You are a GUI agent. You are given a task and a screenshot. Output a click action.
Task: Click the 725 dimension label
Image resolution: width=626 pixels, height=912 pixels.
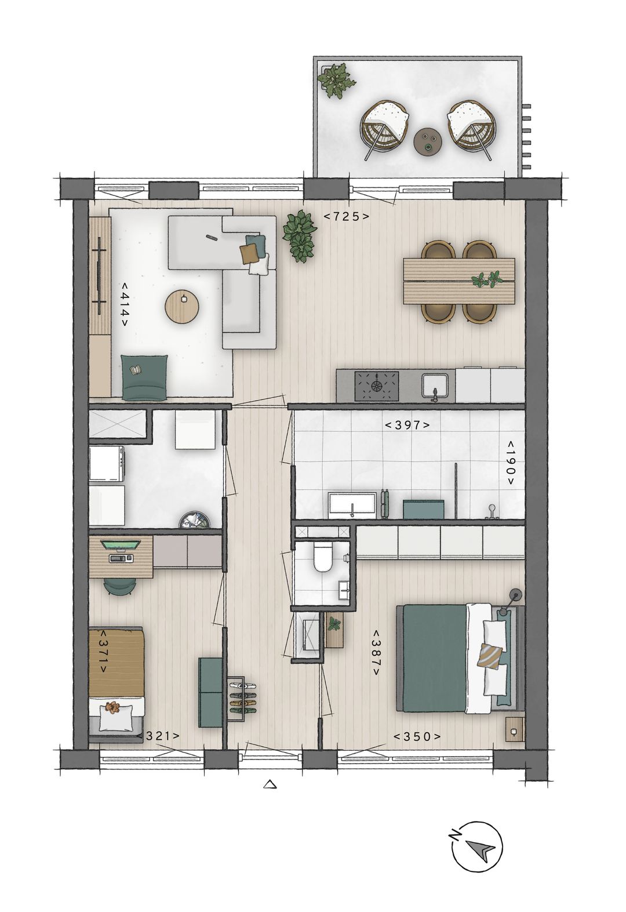click(346, 217)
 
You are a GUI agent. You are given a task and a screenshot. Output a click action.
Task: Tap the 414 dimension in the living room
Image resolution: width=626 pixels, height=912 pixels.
click(124, 305)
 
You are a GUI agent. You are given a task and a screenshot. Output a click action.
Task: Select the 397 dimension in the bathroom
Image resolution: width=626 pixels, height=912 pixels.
click(407, 425)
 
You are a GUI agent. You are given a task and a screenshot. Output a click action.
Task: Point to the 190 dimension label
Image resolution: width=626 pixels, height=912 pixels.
click(510, 462)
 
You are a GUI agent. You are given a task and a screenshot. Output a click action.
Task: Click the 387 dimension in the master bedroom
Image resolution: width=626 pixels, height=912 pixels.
click(376, 653)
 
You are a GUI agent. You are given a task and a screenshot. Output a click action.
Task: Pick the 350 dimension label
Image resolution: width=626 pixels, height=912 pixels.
click(417, 737)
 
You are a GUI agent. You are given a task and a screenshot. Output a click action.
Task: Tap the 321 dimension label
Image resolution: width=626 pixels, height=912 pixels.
click(158, 736)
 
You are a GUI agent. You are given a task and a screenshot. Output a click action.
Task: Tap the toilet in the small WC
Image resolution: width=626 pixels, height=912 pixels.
click(321, 557)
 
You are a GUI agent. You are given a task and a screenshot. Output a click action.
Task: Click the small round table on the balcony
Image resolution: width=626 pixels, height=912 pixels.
click(429, 140)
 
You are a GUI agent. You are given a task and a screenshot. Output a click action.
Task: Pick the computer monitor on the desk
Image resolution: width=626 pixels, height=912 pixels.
click(120, 544)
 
